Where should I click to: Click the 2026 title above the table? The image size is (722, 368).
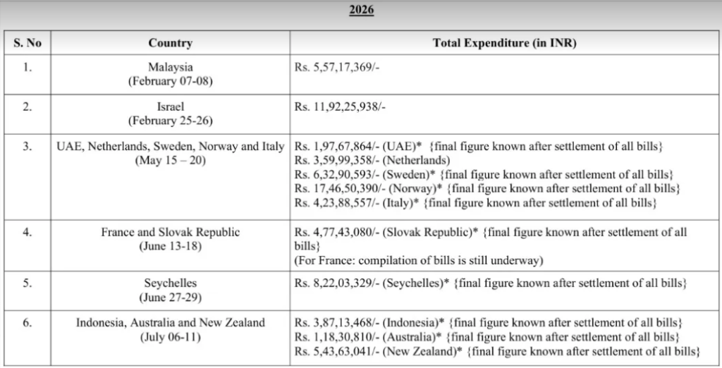point(362,10)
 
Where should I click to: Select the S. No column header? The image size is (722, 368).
point(27,43)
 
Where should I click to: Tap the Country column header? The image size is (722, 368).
point(171,43)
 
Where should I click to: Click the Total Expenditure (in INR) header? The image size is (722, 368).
point(504,43)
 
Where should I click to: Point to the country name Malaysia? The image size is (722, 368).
point(171,67)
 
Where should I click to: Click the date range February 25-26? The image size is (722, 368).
point(171,121)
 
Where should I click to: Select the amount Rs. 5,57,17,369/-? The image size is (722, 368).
point(337,67)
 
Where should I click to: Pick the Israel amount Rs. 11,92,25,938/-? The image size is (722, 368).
point(341,107)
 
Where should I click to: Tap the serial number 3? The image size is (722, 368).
point(27,147)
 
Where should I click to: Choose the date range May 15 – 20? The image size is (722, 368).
point(171,161)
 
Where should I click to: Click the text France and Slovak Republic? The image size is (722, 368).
point(171,232)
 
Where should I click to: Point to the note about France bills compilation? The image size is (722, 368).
point(419,261)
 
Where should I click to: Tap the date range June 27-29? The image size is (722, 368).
point(171,298)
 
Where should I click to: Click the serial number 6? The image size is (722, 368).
point(27,322)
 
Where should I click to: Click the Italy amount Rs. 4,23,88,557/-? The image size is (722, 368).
point(337,202)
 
